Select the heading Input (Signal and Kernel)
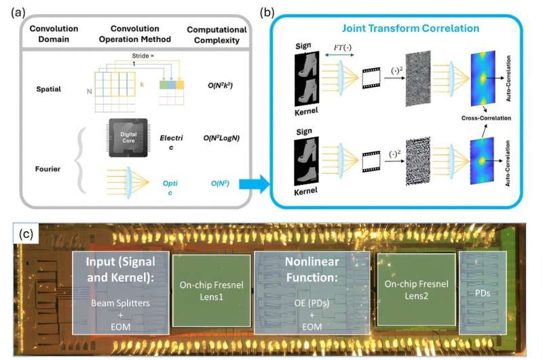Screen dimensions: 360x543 [119, 270]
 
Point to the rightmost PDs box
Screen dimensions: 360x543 [483, 292]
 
